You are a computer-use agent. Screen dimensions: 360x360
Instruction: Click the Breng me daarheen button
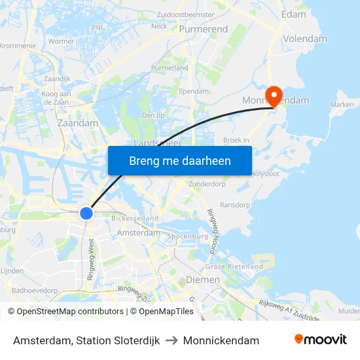point(180,160)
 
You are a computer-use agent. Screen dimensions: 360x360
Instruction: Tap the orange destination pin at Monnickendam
point(273,96)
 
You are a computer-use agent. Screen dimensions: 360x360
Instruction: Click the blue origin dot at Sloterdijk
point(86,213)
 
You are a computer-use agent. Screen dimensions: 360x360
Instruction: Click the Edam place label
point(293,14)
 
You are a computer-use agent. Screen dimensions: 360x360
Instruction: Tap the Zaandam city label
point(77,122)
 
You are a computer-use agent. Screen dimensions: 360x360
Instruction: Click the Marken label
point(342,105)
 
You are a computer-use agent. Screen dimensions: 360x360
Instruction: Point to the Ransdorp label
point(235,205)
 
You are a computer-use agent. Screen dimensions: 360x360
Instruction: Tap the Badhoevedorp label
point(35,290)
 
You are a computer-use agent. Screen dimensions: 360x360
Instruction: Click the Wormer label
point(62,41)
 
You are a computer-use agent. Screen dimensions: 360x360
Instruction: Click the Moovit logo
point(320,340)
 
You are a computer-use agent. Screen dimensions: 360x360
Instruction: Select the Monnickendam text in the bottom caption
point(221,340)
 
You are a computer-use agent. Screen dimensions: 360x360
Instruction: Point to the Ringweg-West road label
point(90,259)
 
